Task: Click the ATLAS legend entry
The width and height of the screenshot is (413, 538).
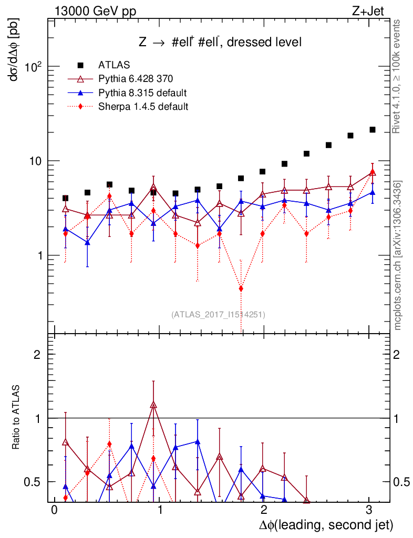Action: (x=114, y=65)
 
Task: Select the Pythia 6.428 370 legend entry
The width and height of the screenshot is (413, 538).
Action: (x=136, y=79)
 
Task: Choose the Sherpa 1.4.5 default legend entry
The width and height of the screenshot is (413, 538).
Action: (x=143, y=107)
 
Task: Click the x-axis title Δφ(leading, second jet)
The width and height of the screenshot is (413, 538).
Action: (x=326, y=525)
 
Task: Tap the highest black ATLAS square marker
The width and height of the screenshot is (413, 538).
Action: (x=373, y=129)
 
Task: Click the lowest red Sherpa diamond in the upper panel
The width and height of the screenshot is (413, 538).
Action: (x=241, y=288)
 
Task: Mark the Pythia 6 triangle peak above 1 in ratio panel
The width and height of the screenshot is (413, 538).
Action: (x=153, y=405)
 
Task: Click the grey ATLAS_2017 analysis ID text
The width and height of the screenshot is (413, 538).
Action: (x=218, y=315)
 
